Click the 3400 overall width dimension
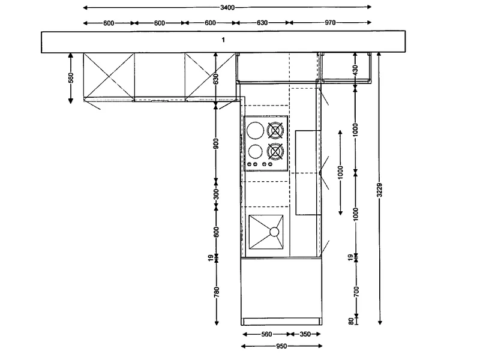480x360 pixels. [227, 7]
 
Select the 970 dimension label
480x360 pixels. [330, 22]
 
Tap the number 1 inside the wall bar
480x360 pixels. [223, 40]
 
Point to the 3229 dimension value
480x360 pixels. [380, 190]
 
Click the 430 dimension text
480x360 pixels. [355, 70]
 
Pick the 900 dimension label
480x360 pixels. [216, 143]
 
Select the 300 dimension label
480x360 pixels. [216, 194]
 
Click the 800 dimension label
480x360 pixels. [216, 232]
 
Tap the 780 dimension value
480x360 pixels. [217, 292]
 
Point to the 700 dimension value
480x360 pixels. [356, 292]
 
